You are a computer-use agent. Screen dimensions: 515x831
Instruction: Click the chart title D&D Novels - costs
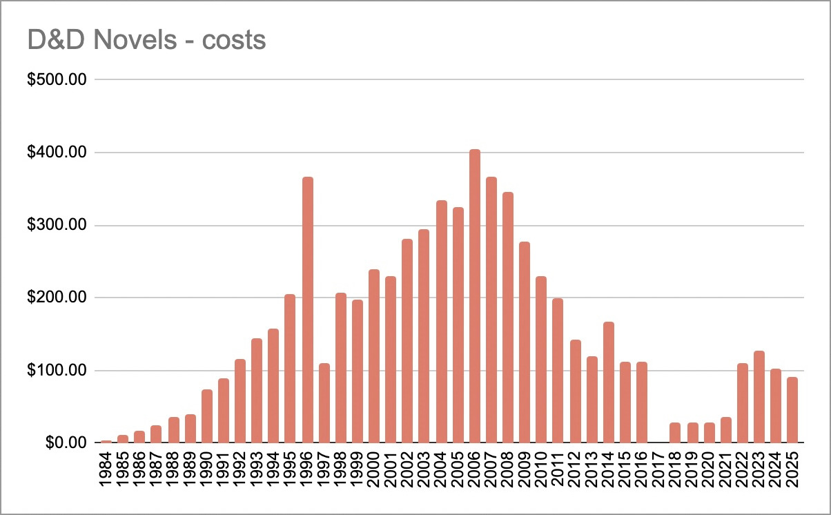point(146,40)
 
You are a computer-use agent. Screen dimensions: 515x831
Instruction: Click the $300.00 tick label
point(57,225)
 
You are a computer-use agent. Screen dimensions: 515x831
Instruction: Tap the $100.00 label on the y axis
point(57,371)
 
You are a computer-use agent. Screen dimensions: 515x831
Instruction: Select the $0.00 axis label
point(62,443)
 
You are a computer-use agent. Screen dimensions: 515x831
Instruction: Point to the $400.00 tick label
point(57,153)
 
